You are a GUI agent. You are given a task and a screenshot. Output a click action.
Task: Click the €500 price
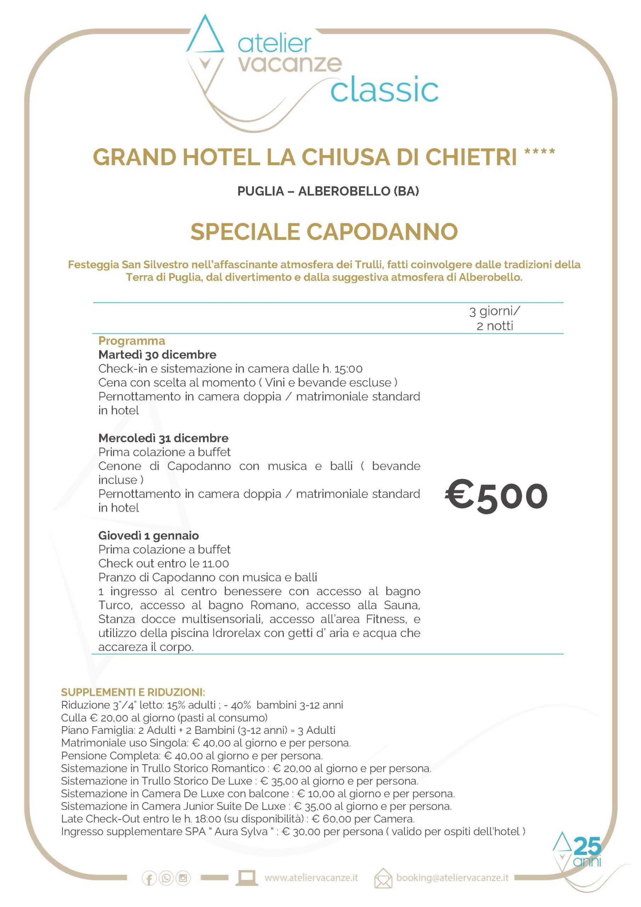point(496,496)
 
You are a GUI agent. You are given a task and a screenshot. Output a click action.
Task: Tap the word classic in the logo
point(384,90)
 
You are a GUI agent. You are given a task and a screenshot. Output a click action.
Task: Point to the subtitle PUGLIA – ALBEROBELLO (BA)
point(328,191)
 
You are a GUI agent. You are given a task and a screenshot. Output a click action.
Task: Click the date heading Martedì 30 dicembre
point(157,354)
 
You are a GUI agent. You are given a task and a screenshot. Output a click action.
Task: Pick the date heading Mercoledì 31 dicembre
point(163,438)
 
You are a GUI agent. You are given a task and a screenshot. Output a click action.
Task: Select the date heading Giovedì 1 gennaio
point(148,536)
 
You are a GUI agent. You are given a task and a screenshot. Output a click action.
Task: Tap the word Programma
point(131,340)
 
